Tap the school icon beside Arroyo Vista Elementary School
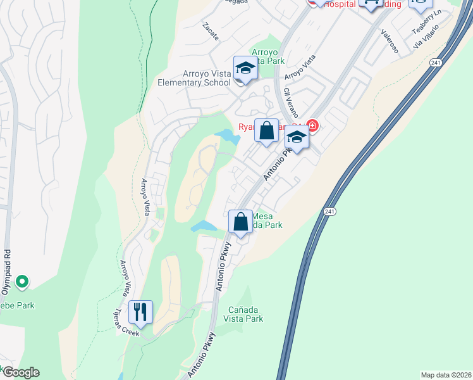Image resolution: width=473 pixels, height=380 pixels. click(x=245, y=69)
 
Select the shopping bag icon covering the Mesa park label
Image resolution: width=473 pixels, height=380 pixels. click(x=240, y=222)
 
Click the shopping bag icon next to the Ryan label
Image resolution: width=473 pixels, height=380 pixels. click(x=267, y=130)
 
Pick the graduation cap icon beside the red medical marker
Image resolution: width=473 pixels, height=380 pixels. click(x=296, y=136)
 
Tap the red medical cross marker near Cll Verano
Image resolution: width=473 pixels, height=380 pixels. click(x=311, y=125)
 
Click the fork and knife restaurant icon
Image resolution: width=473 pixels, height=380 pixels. click(x=140, y=312)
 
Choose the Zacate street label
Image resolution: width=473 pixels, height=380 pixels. click(x=211, y=32)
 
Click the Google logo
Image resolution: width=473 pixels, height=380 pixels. click(x=20, y=372)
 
